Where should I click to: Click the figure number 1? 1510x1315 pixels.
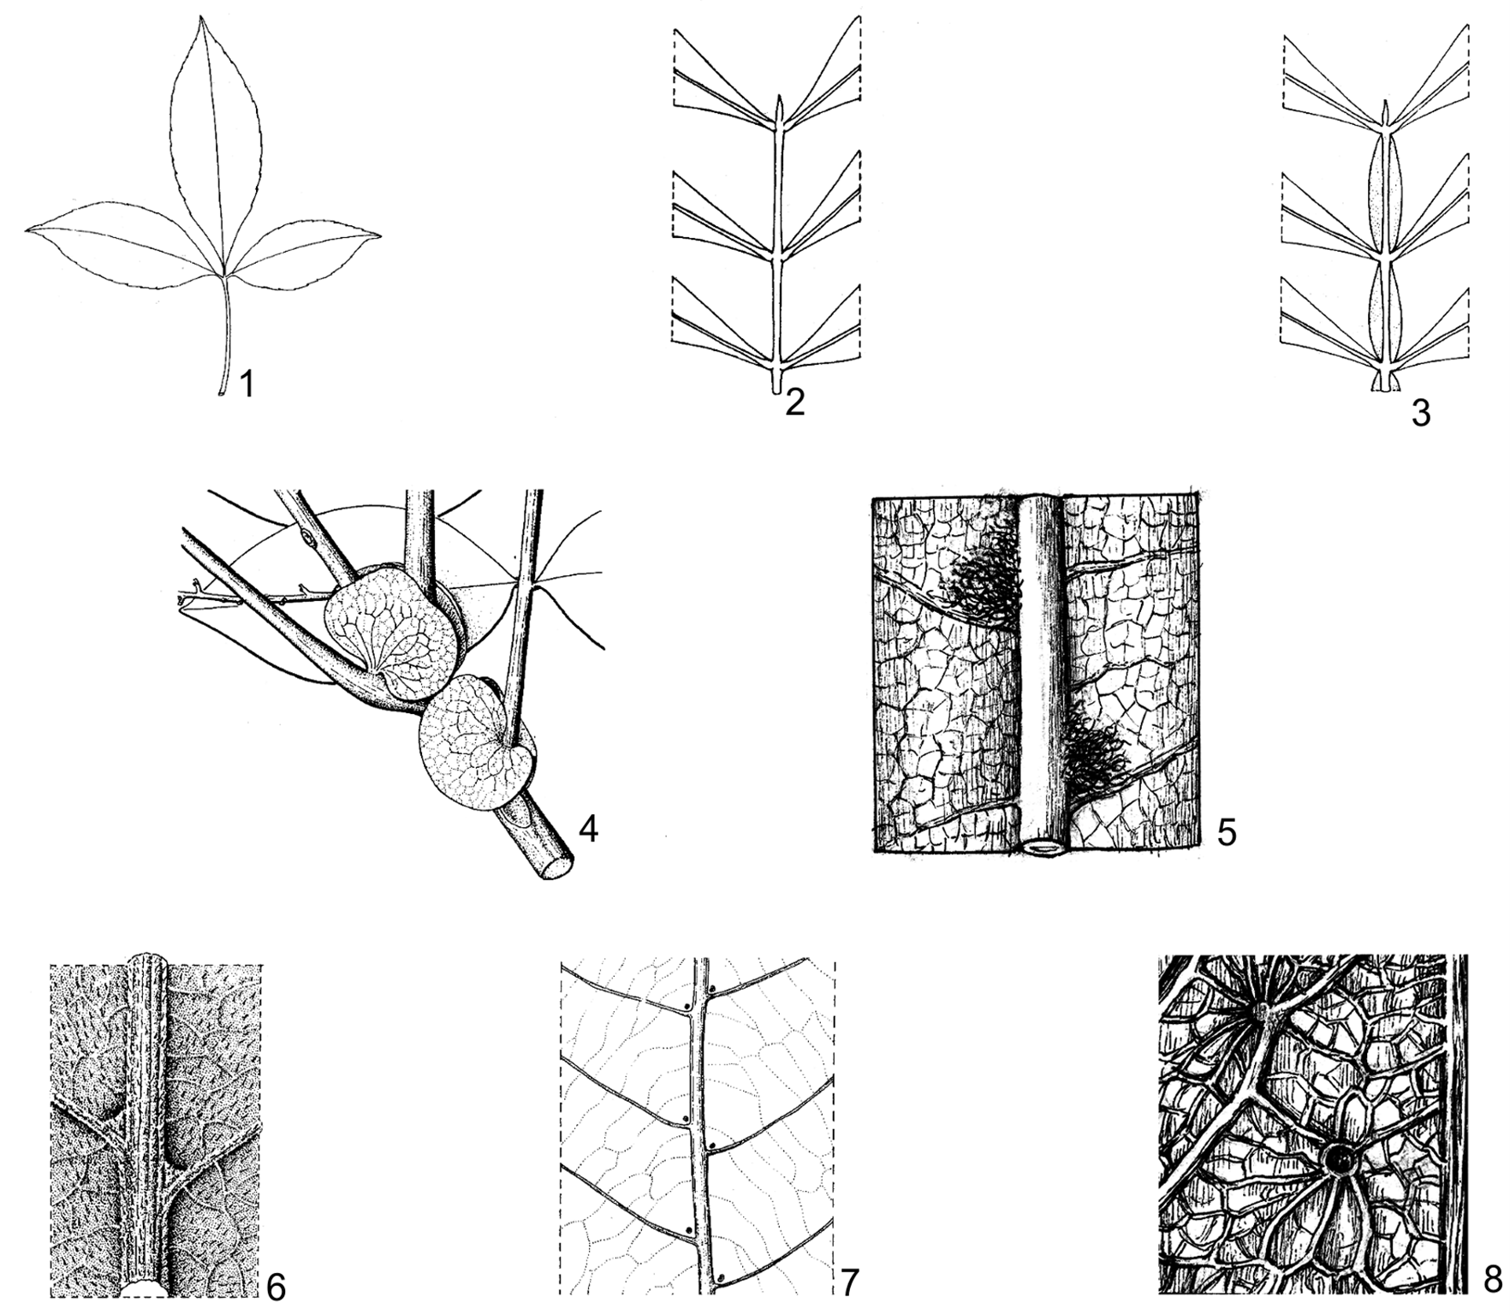[247, 385]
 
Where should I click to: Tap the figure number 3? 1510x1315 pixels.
[1420, 414]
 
